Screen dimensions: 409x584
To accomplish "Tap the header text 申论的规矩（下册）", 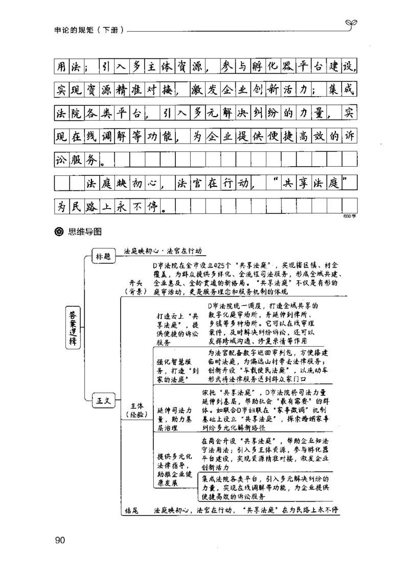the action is tap(87, 29).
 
